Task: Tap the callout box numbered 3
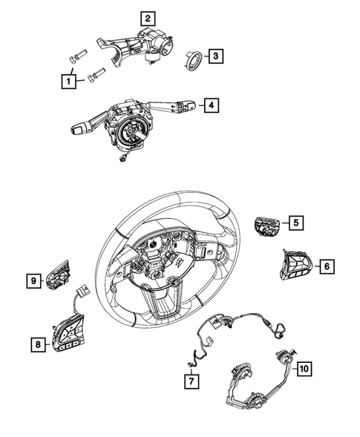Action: [213, 55]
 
